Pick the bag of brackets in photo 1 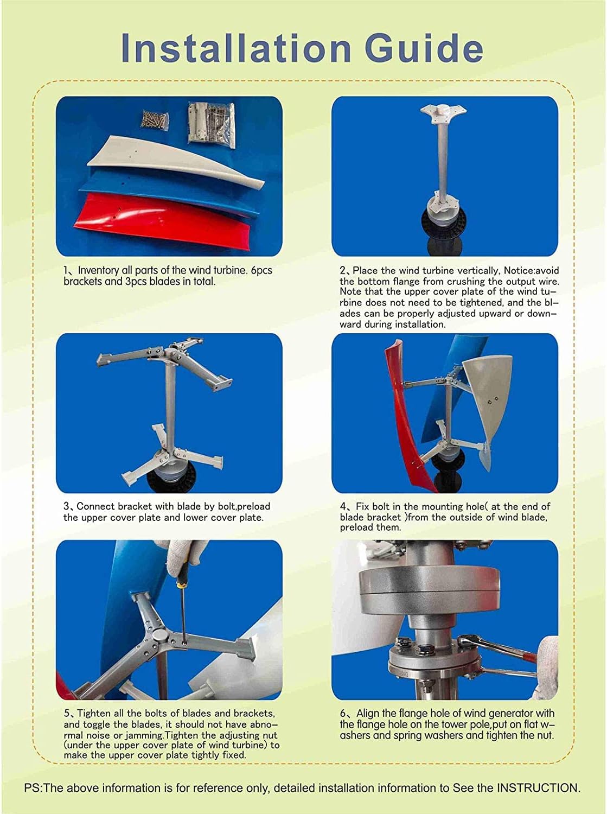click(212, 124)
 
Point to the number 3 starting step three click(66, 506)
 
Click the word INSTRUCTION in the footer click(538, 788)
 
